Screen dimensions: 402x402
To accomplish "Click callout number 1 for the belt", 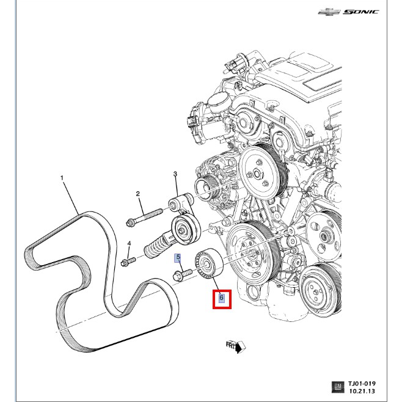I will point(62,178).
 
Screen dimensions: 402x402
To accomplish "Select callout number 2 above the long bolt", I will point(138,194).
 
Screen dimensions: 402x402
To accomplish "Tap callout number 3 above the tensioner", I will point(175,175).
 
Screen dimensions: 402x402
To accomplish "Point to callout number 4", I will point(129,244).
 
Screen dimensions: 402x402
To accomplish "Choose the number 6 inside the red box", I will point(222,299).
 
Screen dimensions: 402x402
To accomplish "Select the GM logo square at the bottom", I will point(337,387).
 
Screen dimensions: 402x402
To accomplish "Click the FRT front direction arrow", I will point(235,347).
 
